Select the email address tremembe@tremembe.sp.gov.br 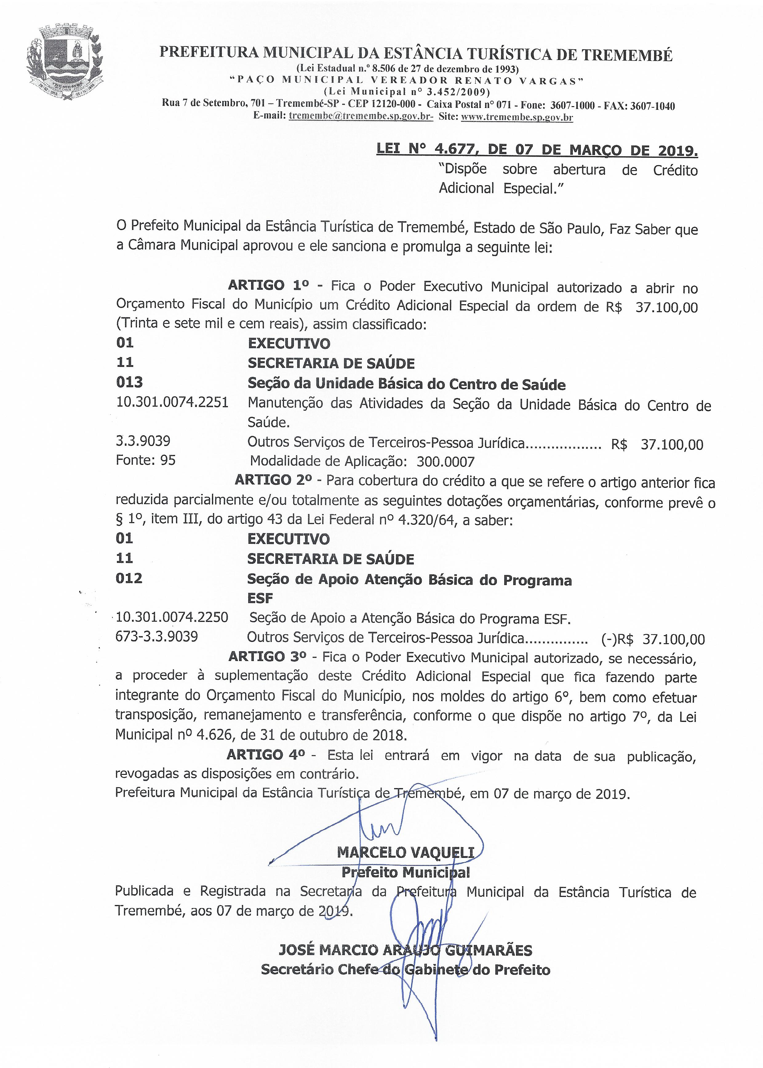(360, 117)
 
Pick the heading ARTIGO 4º (266, 755)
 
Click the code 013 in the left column (129, 382)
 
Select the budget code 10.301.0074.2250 (172, 617)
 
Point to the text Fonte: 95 (146, 460)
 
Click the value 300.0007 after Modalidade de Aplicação (445, 462)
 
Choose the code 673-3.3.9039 (157, 637)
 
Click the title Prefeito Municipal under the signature (405, 872)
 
